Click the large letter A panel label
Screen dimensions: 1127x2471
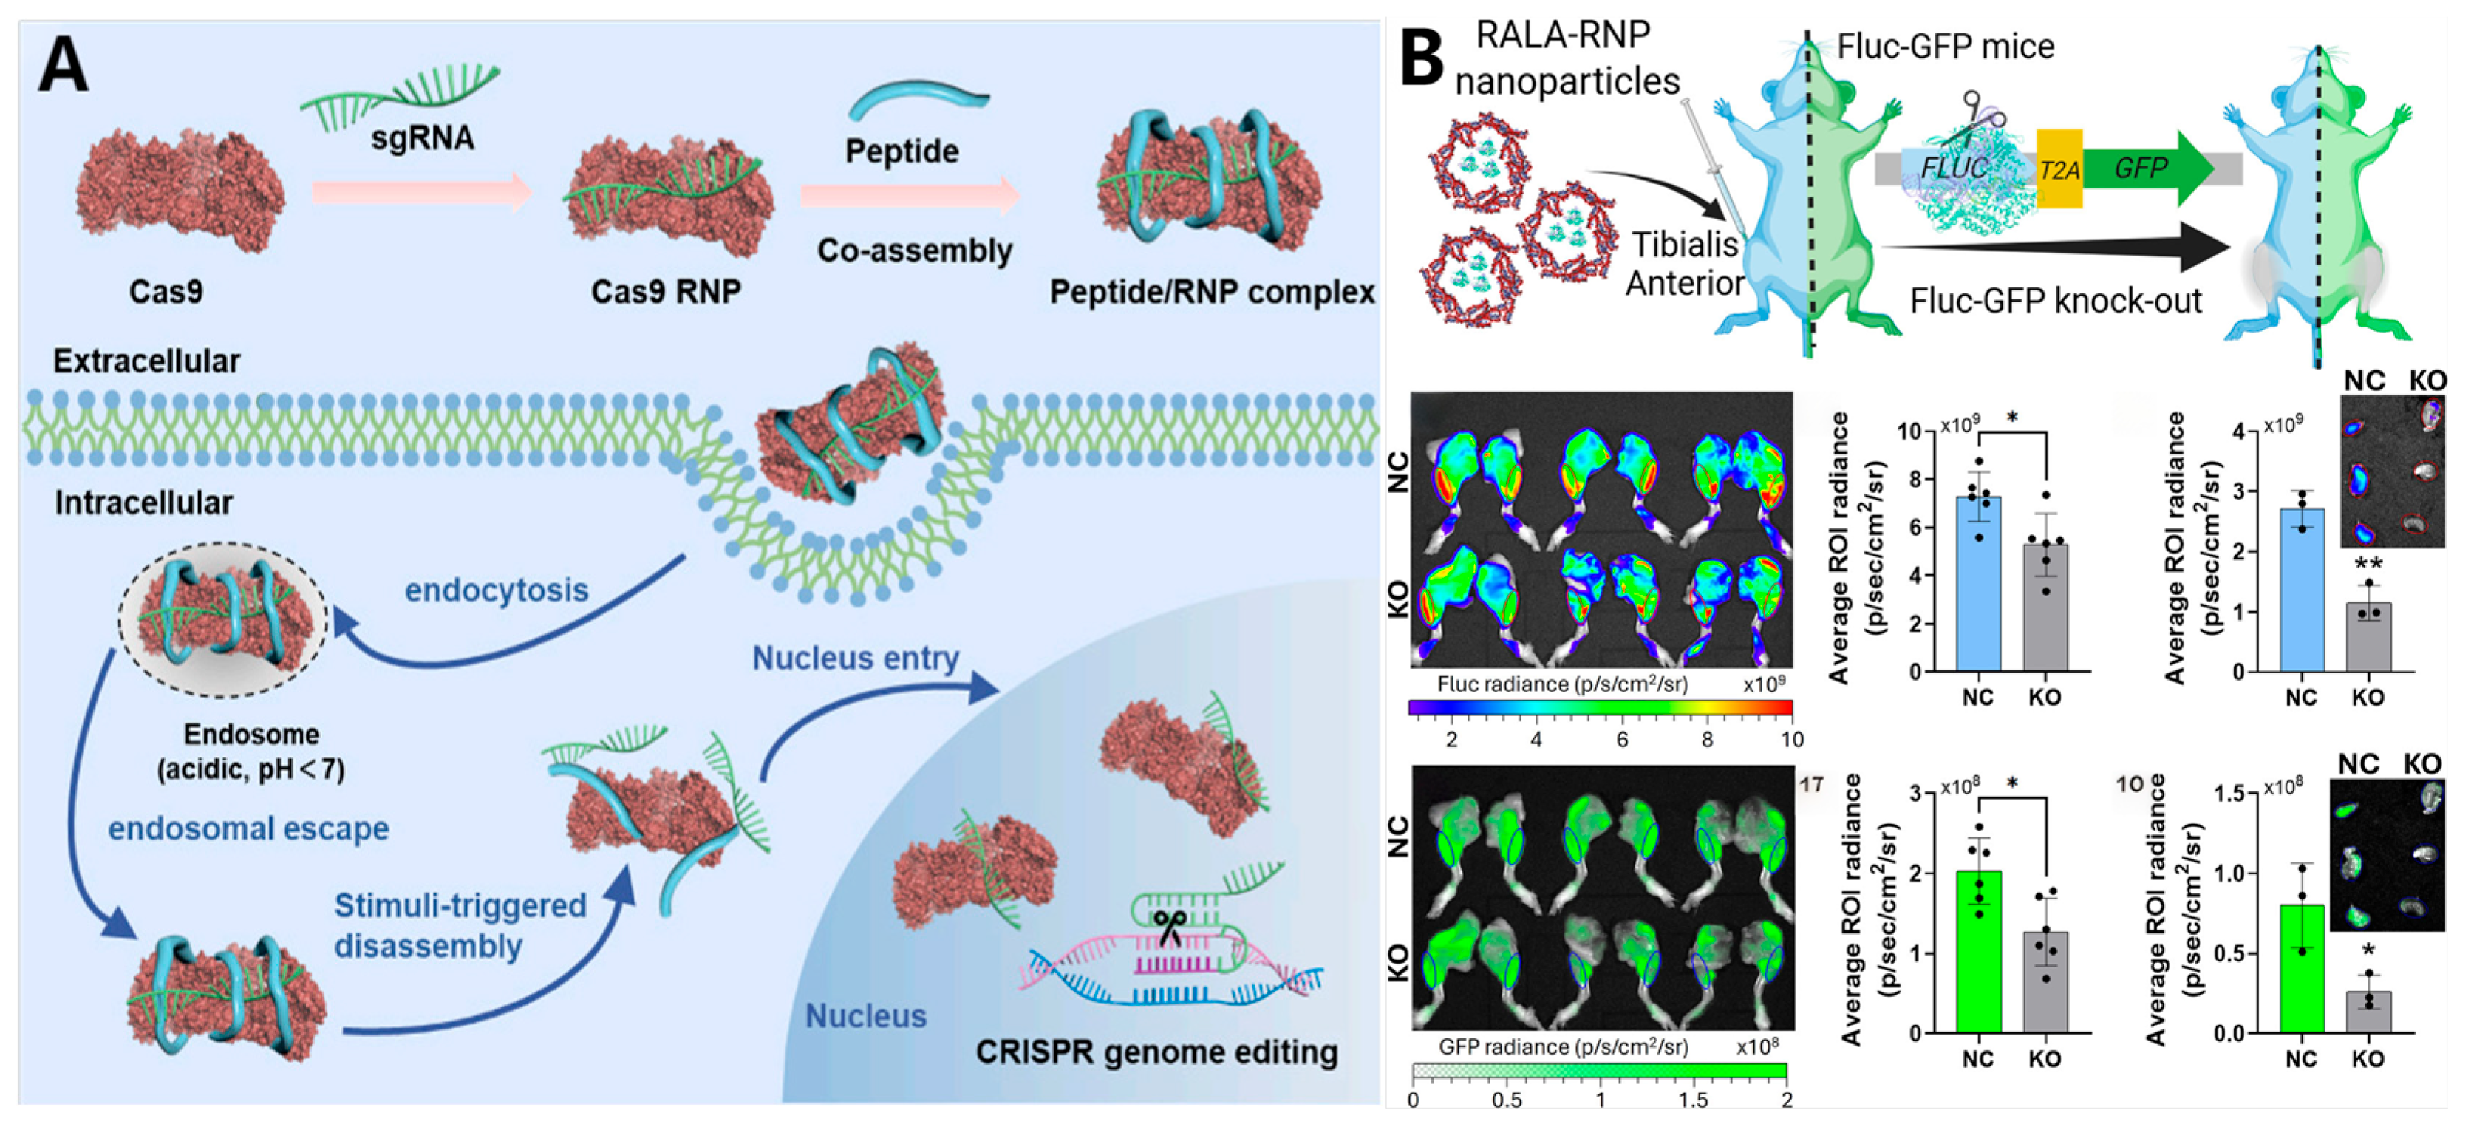pyautogui.click(x=64, y=65)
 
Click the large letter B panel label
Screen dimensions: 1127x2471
pyautogui.click(x=1422, y=58)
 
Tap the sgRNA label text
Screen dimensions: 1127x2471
pyautogui.click(x=422, y=138)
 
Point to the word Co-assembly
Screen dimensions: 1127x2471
pyautogui.click(x=914, y=251)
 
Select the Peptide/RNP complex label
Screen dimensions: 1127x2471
pyautogui.click(x=1212, y=292)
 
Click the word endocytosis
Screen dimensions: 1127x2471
pyautogui.click(x=496, y=590)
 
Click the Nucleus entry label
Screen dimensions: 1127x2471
pyautogui.click(x=855, y=658)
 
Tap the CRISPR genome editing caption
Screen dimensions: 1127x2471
pyautogui.click(x=1156, y=1052)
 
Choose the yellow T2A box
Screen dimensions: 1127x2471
pyautogui.click(x=2059, y=170)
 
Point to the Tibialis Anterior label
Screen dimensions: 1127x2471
pyautogui.click(x=1685, y=264)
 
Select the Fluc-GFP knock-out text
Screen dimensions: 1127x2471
pyautogui.click(x=2055, y=302)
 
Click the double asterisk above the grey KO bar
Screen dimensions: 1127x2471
pyautogui.click(x=2368, y=565)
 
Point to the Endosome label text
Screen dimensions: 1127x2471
pyautogui.click(x=251, y=735)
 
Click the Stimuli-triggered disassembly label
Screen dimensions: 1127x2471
pyautogui.click(x=460, y=925)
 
